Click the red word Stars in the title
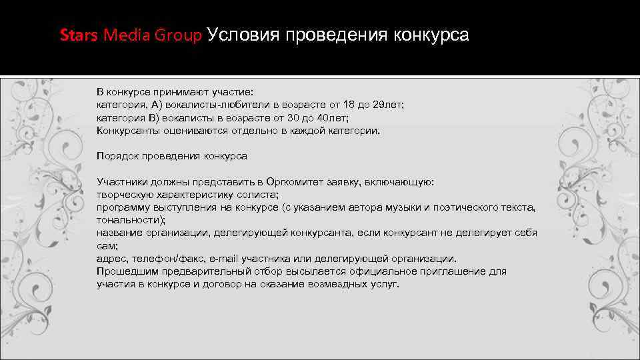point(79,35)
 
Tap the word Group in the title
point(178,35)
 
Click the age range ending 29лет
point(388,105)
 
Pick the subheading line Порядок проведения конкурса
point(171,156)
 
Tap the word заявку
point(345,181)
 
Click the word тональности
point(129,219)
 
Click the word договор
point(239,284)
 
